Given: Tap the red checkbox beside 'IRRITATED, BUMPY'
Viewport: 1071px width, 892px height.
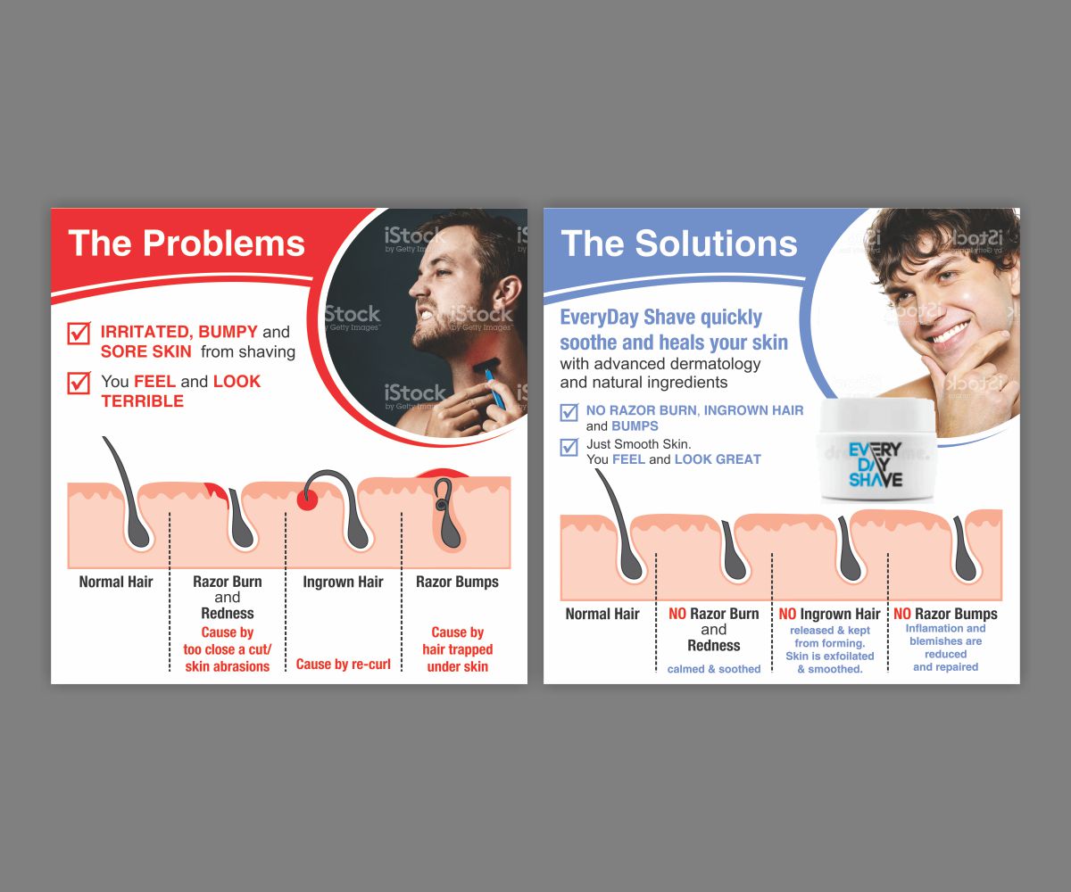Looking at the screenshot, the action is tap(79, 334).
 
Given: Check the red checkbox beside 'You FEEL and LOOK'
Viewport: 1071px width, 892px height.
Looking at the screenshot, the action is tap(79, 383).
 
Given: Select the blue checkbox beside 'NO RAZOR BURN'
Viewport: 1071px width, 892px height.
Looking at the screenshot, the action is tap(569, 412).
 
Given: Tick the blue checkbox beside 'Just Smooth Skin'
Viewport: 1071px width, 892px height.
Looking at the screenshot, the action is tap(569, 447).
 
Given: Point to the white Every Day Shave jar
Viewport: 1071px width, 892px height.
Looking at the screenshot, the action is tap(876, 450).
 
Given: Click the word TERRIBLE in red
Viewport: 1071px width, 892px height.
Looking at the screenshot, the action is tap(142, 401).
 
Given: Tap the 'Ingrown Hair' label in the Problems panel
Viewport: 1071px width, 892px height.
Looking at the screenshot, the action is tap(343, 582).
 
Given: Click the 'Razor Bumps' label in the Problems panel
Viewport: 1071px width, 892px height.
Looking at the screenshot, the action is tap(457, 582).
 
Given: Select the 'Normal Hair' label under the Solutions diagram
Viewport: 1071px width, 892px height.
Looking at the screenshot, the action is tap(602, 614).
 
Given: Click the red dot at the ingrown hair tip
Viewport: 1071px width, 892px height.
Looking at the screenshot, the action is tap(307, 500).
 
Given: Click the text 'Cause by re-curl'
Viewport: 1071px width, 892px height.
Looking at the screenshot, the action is tap(343, 664).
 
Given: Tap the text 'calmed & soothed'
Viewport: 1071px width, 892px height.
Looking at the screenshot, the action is tap(713, 669).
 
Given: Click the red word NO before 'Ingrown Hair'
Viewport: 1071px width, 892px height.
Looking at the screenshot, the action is tap(787, 614).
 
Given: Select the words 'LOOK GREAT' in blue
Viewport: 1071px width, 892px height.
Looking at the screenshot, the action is tap(718, 459).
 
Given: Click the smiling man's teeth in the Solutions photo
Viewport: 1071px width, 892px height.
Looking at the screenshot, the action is tap(951, 333).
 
